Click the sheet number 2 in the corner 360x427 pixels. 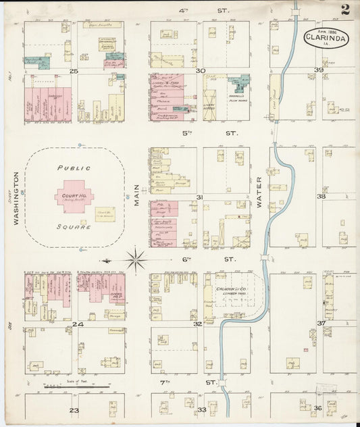coord(345,9)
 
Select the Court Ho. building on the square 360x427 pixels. coord(74,197)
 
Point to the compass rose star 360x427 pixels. coord(136,259)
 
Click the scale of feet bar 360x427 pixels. coord(76,386)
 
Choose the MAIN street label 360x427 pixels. coord(135,197)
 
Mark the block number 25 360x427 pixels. coord(74,70)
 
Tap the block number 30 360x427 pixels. coord(200,70)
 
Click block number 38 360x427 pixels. coord(322,197)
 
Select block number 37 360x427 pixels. coord(322,324)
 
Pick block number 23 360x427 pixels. coord(74,409)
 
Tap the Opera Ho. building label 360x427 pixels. coord(99,295)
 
